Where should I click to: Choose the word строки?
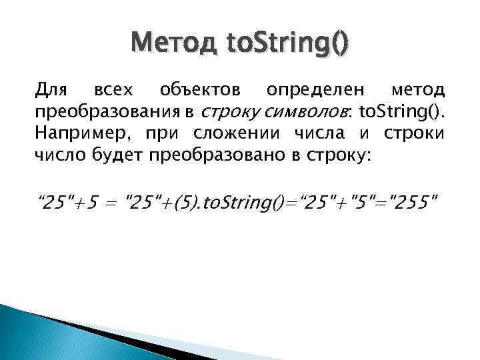(x=413, y=133)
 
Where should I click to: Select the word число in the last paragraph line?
(x=57, y=155)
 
